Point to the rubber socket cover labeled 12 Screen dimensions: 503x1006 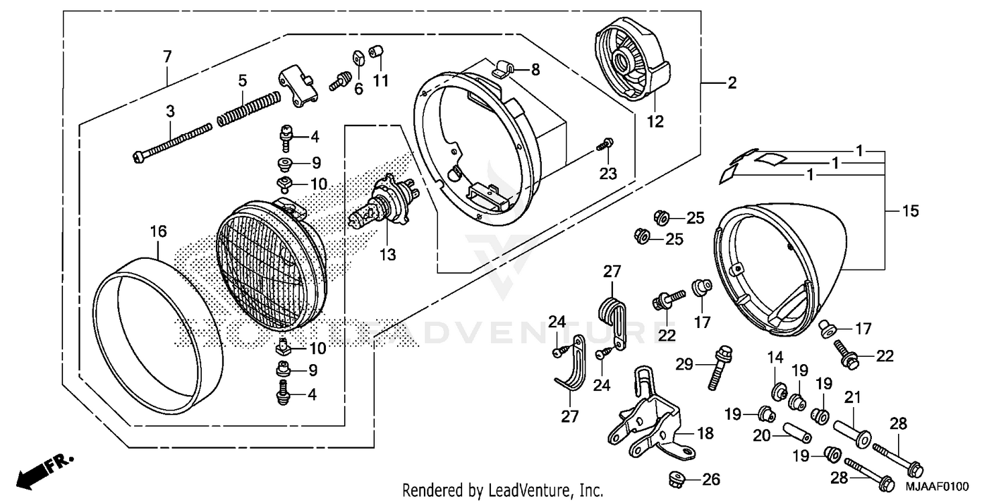point(631,64)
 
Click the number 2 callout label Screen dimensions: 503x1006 point(732,83)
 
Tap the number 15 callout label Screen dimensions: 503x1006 point(910,211)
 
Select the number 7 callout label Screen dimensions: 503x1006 point(167,56)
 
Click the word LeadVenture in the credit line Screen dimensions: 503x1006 point(529,490)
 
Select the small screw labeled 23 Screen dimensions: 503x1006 point(606,144)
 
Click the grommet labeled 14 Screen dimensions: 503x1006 point(780,390)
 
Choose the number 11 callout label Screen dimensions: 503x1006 point(381,81)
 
